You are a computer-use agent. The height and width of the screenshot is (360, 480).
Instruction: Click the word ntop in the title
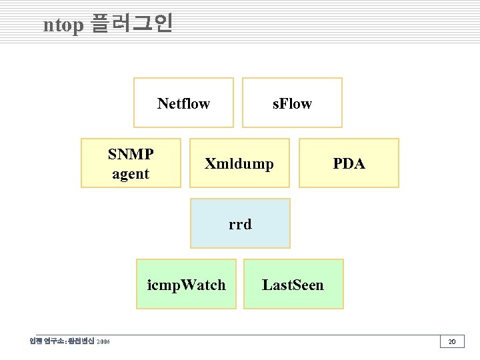(x=63, y=25)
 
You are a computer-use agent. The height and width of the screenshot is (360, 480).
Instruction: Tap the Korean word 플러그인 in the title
(x=131, y=24)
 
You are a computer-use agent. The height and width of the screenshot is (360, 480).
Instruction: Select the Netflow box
(x=183, y=103)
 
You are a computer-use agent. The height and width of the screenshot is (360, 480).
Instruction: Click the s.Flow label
(x=292, y=103)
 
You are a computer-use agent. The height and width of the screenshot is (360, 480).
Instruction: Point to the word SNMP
(x=131, y=155)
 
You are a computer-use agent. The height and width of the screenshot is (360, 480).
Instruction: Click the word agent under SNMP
(x=131, y=174)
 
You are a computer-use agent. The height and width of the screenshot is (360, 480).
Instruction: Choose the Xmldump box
(x=239, y=163)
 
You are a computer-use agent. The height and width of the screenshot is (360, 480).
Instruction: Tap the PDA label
(x=349, y=163)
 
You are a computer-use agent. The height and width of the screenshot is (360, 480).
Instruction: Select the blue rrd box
(x=240, y=223)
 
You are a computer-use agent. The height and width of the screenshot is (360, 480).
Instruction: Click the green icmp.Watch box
(x=186, y=285)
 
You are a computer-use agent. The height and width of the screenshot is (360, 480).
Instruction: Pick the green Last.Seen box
(x=293, y=285)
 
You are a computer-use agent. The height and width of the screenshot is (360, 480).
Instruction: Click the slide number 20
(x=451, y=342)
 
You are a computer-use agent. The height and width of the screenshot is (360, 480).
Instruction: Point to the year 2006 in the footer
(x=103, y=342)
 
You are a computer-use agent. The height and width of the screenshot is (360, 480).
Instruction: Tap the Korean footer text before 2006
(x=61, y=342)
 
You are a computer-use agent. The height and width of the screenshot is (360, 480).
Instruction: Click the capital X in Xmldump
(x=210, y=163)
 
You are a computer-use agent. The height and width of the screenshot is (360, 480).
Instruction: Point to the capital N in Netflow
(x=163, y=103)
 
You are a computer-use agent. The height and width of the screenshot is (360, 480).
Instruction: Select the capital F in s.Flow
(x=285, y=103)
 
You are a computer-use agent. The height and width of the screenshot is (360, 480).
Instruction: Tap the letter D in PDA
(x=349, y=163)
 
